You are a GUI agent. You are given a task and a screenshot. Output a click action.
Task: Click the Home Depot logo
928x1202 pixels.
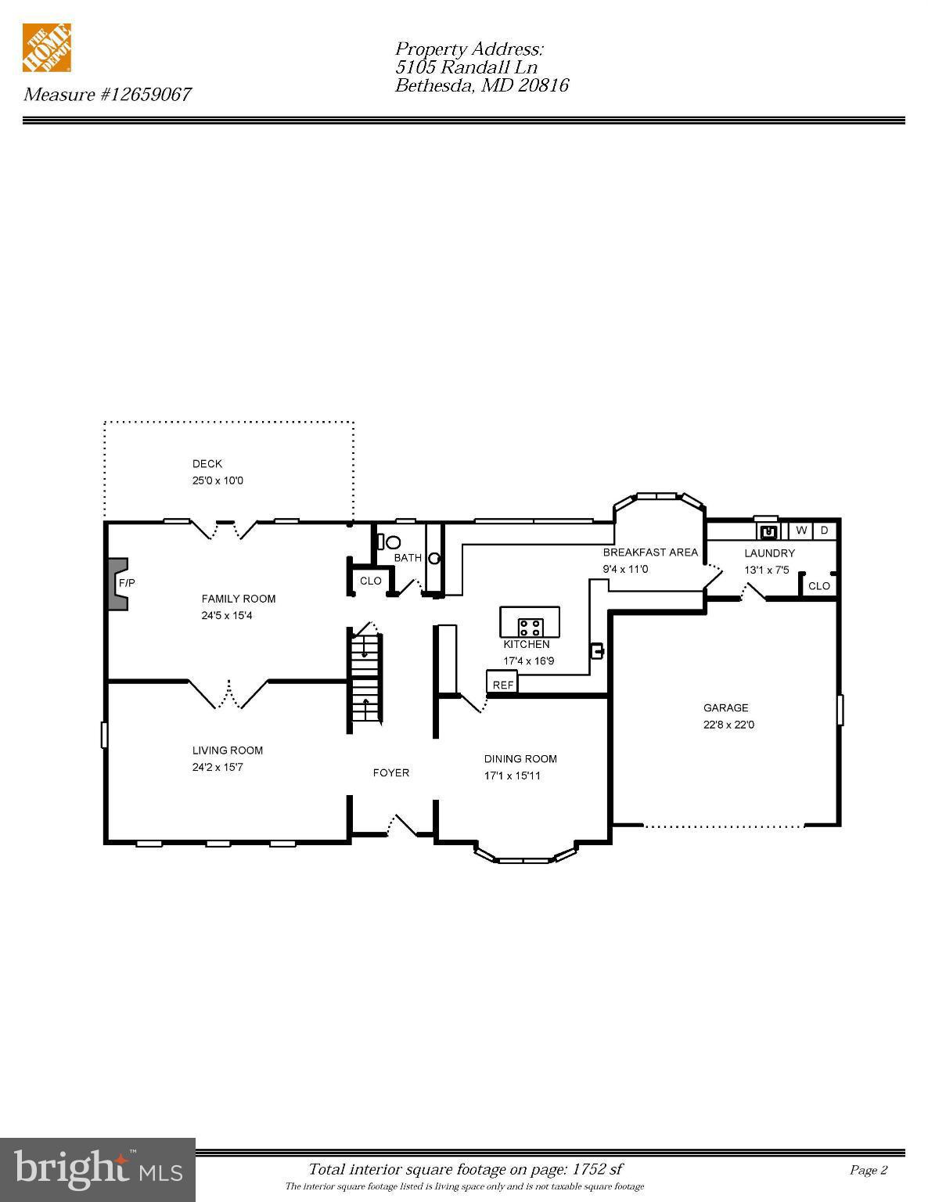[47, 48]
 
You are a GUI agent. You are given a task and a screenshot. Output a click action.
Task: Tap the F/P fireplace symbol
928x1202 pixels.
[119, 583]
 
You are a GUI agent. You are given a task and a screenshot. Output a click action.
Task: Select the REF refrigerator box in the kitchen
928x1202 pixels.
[502, 684]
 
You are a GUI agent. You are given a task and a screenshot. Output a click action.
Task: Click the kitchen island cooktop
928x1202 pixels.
[531, 627]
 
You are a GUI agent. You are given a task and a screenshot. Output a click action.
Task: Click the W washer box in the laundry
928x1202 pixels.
[801, 531]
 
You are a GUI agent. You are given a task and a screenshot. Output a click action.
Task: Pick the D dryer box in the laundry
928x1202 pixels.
[824, 531]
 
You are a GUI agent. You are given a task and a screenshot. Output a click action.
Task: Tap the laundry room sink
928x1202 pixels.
[768, 531]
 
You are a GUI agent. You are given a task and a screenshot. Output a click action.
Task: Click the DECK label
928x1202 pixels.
[207, 464]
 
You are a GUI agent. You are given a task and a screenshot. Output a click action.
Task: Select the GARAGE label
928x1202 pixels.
[725, 708]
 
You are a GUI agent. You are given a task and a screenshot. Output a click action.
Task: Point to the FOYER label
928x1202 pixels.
[390, 773]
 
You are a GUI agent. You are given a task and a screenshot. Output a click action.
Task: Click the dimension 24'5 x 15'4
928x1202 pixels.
[227, 616]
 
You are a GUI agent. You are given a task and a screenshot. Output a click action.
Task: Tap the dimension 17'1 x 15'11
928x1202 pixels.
[512, 776]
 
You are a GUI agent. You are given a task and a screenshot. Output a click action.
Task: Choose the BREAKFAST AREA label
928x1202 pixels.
[650, 552]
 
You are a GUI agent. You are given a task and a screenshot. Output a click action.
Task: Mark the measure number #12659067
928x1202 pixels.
[145, 95]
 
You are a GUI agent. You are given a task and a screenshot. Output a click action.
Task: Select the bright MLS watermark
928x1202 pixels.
[98, 1169]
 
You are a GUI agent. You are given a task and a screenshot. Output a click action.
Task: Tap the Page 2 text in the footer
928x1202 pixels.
[869, 1171]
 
